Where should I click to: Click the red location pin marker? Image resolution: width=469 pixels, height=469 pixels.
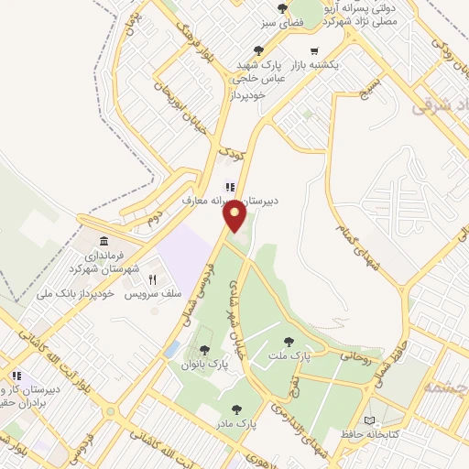[x=236, y=216]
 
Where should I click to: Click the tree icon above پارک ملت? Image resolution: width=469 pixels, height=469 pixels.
[x=290, y=340]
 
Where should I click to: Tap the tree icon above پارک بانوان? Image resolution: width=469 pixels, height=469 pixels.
[x=204, y=350]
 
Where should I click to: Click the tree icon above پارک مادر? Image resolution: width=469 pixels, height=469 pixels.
[x=237, y=409]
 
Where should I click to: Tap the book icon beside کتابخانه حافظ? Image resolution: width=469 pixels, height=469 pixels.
[x=369, y=420]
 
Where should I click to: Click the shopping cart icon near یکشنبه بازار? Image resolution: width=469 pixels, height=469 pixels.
[x=315, y=51]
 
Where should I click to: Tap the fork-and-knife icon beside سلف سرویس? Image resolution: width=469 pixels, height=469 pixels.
[x=153, y=280]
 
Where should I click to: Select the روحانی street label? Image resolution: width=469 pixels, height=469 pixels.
[x=358, y=351]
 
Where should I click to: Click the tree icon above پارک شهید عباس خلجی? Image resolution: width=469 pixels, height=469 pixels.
[x=261, y=52]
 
